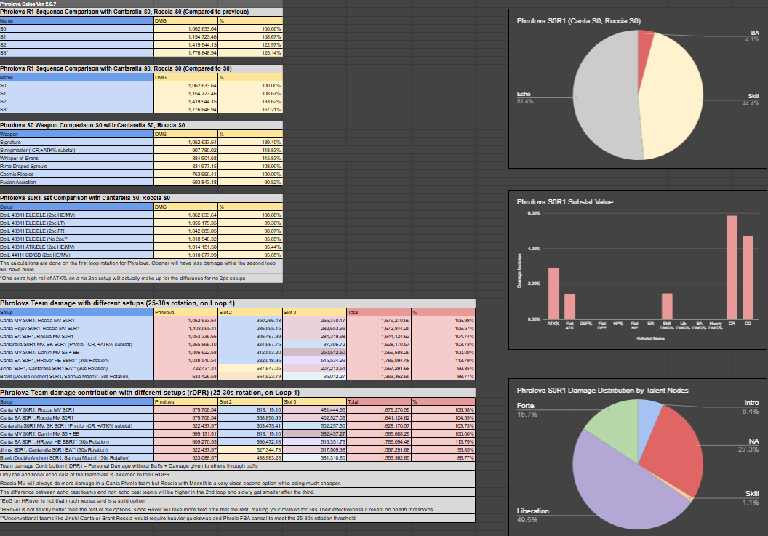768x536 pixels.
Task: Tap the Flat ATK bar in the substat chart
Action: point(569,306)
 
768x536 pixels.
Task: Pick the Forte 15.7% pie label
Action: point(529,409)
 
